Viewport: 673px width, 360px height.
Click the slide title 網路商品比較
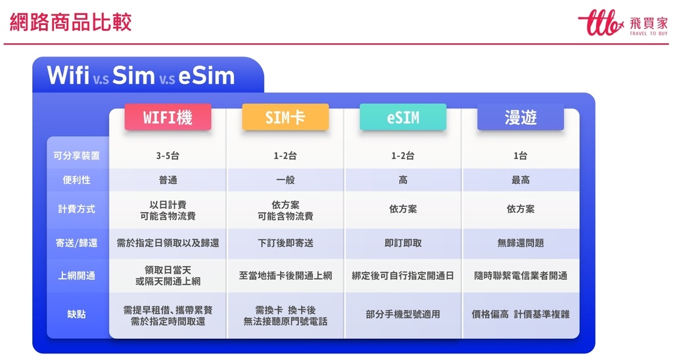(70, 22)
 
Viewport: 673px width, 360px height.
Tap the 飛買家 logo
(623, 23)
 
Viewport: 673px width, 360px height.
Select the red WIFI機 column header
(168, 117)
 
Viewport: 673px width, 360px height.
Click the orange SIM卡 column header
(285, 117)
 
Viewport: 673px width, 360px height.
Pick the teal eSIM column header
(403, 117)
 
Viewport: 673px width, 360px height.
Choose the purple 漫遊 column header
(521, 117)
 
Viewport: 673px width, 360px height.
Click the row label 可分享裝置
(76, 156)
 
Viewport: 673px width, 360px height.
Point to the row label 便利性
(76, 180)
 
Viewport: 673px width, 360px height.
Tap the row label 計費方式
(76, 210)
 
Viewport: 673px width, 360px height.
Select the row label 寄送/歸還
(76, 243)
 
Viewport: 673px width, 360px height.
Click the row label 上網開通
(76, 276)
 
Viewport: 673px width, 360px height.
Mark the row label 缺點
(76, 315)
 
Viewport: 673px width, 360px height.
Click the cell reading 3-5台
(168, 156)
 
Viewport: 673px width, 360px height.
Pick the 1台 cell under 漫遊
(521, 156)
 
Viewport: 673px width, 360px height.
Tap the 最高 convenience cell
(521, 180)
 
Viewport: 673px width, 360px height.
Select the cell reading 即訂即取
(403, 243)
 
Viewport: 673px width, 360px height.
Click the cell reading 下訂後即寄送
(285, 243)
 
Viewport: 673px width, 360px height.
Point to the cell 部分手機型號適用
(403, 315)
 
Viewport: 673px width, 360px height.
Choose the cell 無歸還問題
(521, 243)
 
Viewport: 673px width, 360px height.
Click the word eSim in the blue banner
(206, 76)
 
